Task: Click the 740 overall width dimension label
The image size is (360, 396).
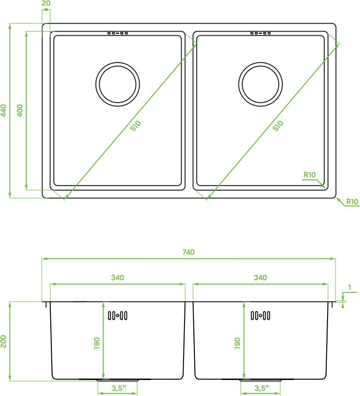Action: click(x=188, y=252)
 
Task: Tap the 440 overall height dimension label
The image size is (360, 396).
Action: click(x=3, y=111)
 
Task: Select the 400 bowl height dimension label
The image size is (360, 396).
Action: click(x=19, y=110)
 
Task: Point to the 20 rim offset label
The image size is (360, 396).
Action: click(x=46, y=3)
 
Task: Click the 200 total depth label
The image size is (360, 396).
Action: click(x=3, y=341)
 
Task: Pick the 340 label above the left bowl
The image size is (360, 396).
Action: click(x=118, y=277)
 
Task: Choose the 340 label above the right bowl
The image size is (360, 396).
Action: click(x=260, y=277)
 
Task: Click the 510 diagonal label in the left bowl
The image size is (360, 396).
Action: click(x=136, y=126)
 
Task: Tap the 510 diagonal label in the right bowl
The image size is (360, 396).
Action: click(x=278, y=126)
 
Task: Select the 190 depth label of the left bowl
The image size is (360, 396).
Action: click(x=96, y=343)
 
